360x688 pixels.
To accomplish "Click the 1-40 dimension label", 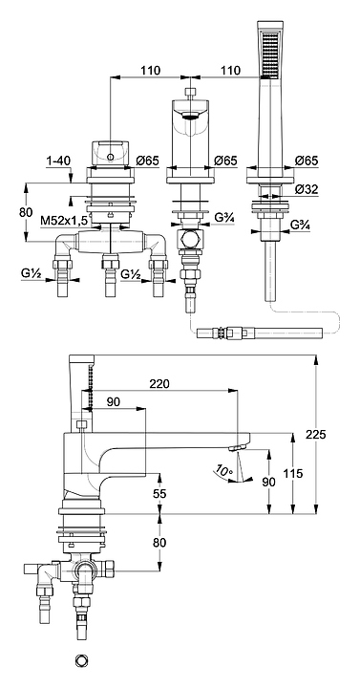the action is (58, 161).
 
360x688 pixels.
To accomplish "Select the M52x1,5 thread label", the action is (64, 221).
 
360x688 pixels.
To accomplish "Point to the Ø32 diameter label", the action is (307, 189).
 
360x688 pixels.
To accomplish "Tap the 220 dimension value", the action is (159, 384).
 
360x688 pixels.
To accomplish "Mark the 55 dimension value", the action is (160, 494).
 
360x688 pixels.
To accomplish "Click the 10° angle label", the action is (224, 471).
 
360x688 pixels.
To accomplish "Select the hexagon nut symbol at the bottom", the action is (81, 660).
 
